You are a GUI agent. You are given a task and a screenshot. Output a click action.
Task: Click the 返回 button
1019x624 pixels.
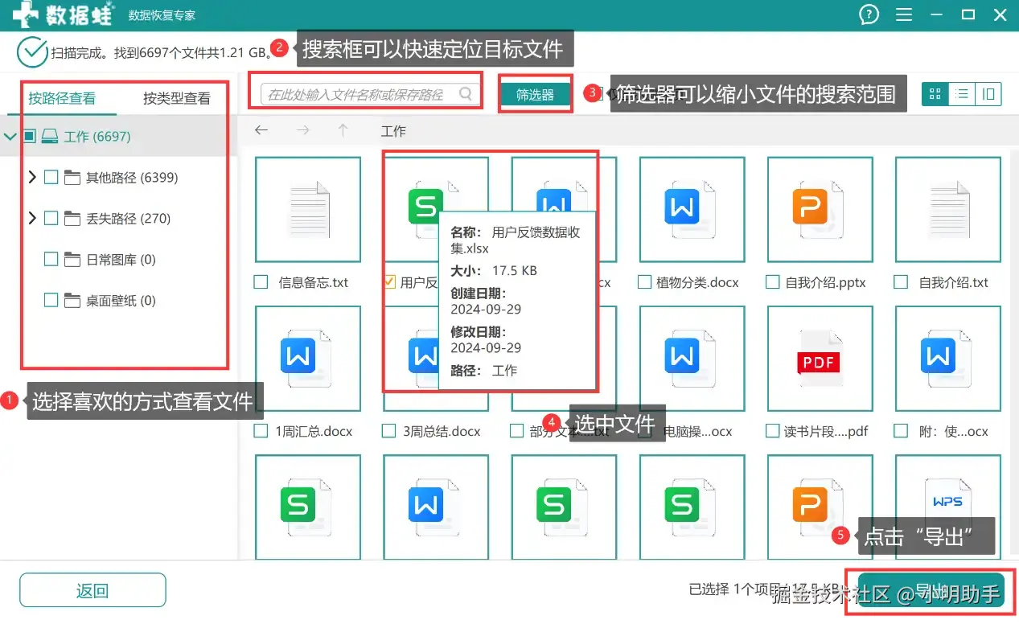[92, 590]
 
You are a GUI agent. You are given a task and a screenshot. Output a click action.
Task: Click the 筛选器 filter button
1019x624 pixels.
[535, 95]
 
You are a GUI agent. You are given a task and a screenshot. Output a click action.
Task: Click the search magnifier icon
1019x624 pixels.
[466, 94]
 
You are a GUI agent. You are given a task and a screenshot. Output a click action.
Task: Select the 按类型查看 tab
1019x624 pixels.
[177, 98]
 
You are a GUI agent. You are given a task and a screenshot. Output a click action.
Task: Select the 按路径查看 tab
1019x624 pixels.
[62, 98]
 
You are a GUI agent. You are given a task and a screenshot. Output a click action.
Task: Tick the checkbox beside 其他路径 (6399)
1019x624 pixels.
[51, 177]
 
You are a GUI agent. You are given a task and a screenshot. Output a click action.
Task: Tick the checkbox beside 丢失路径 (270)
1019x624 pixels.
[51, 218]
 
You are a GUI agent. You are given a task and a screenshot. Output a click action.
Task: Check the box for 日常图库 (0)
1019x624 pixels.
[51, 259]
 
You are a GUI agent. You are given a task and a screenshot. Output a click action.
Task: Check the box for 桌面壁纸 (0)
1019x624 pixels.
[51, 300]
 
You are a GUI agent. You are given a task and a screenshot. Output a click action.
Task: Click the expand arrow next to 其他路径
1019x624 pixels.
[32, 177]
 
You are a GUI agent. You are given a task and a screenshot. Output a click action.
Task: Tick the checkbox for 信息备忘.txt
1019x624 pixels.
[261, 282]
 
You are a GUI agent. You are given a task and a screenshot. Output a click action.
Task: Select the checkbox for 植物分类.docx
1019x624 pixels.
[644, 282]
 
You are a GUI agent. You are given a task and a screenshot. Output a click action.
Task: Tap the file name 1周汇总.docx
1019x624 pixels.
[314, 431]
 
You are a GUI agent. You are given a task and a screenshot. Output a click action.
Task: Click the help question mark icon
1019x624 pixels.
[869, 14]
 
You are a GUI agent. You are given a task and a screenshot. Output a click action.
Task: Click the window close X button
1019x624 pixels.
[1001, 14]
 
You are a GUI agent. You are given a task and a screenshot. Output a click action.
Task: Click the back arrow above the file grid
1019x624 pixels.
[261, 130]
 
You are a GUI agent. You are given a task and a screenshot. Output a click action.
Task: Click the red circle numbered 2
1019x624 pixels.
[279, 47]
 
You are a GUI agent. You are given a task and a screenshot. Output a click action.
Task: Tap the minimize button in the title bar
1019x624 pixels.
[936, 14]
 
